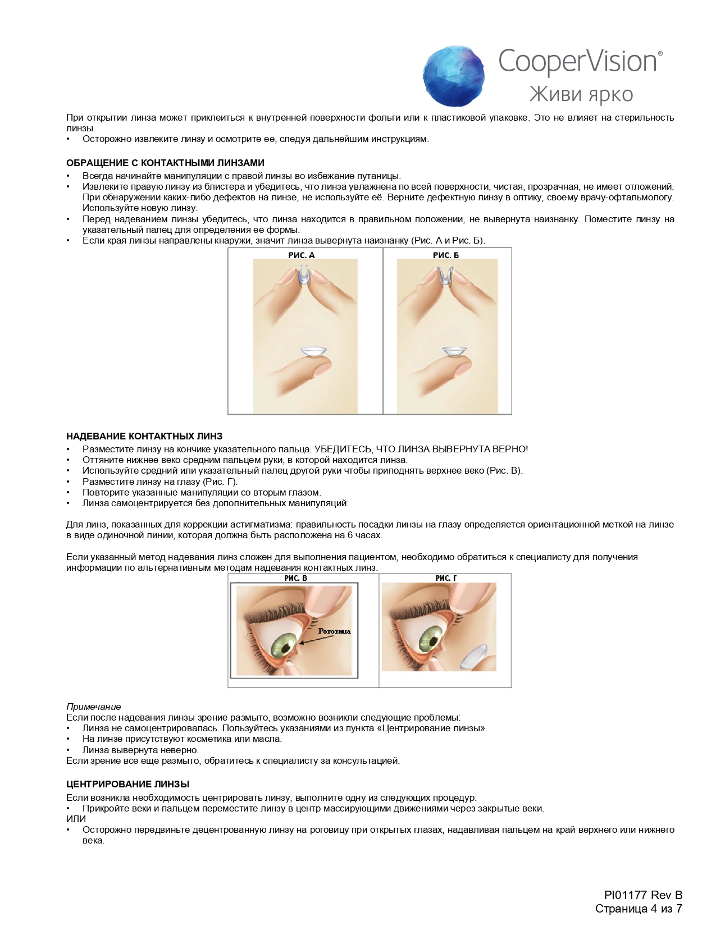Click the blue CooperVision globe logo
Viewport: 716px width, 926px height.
(454, 76)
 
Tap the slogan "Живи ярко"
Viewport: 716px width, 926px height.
(581, 94)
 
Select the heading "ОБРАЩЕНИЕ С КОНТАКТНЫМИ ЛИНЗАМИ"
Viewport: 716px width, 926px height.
(165, 163)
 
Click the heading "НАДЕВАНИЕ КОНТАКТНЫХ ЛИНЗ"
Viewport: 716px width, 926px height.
(144, 436)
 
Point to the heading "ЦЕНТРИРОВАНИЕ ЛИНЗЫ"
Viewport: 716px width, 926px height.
(127, 784)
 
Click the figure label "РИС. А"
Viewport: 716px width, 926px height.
(302, 255)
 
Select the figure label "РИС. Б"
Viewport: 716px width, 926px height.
(446, 255)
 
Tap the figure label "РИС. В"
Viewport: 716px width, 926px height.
(295, 578)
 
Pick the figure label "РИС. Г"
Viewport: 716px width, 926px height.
(446, 578)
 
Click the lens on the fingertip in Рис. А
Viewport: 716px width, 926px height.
(313, 352)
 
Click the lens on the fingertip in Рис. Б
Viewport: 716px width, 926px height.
(454, 352)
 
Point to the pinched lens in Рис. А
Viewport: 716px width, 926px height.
(303, 277)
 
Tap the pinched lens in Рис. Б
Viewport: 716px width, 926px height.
(446, 276)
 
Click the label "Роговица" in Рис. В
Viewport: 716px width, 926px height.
(334, 631)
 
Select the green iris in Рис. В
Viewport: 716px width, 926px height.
(285, 645)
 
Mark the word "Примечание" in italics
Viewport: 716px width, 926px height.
(93, 707)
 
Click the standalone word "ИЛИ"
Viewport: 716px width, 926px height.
(76, 819)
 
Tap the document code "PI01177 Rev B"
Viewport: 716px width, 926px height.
(643, 895)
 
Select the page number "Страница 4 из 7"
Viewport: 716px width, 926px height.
(639, 909)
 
